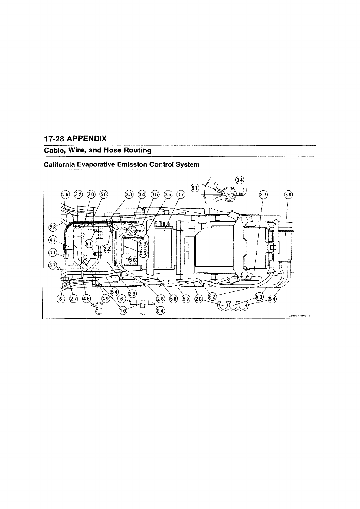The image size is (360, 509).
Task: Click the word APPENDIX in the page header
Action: pos(87,139)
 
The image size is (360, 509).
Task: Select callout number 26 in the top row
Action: pos(65,194)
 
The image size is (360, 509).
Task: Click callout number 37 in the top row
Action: pos(181,194)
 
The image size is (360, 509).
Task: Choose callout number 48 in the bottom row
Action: pos(86,299)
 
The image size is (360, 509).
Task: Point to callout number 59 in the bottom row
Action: pos(185,299)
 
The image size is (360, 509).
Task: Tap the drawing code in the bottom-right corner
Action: pos(298,315)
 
